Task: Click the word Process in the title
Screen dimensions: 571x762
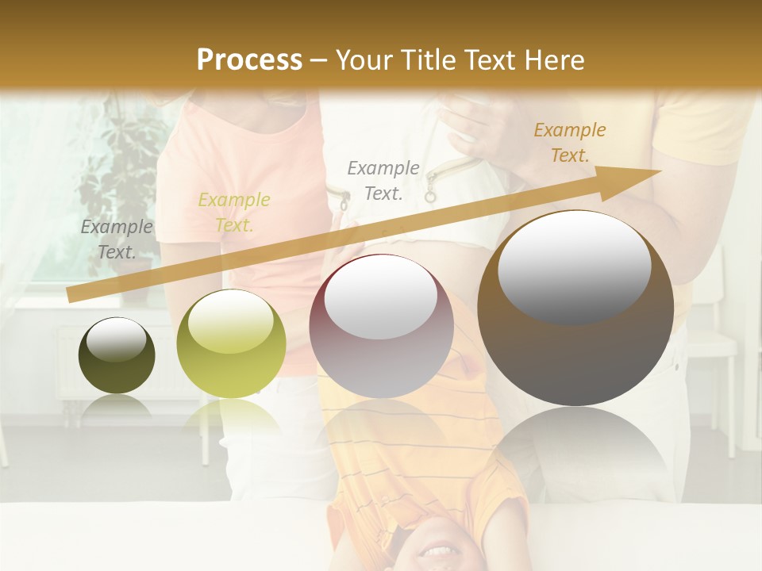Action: (x=249, y=59)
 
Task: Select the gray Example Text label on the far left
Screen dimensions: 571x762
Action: (x=117, y=240)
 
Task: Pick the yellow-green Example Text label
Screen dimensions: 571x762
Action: (x=234, y=213)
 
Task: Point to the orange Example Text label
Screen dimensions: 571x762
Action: (x=570, y=143)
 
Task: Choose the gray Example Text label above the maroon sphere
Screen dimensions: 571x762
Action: (x=383, y=180)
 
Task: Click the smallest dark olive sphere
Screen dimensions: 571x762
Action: (x=117, y=355)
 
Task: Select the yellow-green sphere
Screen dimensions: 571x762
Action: (x=231, y=343)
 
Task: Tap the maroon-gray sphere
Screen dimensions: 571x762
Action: (x=381, y=327)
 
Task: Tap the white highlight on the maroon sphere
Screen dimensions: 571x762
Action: (x=381, y=297)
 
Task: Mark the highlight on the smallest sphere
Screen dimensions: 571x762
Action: (x=116, y=339)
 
